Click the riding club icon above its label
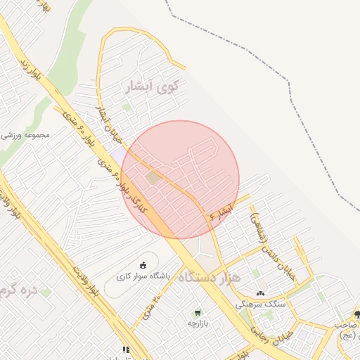tap(143, 265)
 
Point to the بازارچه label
tap(200, 323)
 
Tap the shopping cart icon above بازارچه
tap(198, 311)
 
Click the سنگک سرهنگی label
tap(261, 304)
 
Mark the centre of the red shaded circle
tap(180, 179)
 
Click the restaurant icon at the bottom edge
tap(126, 349)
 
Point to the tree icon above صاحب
tap(356, 314)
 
